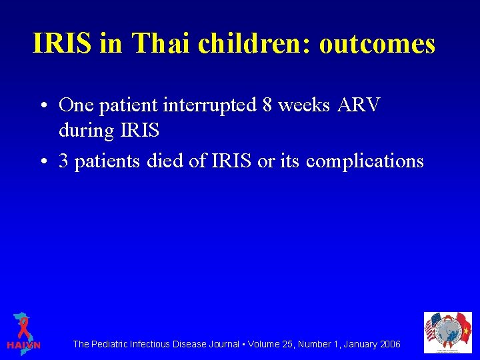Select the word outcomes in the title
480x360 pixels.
tap(377, 44)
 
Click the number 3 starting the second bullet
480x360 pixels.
tap(64, 161)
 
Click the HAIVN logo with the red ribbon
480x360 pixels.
tap(23, 331)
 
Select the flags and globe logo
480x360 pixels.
tap(447, 333)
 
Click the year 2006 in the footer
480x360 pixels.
tap(389, 344)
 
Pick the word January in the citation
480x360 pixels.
tap(357, 344)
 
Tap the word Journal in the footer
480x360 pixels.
tap(222, 344)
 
